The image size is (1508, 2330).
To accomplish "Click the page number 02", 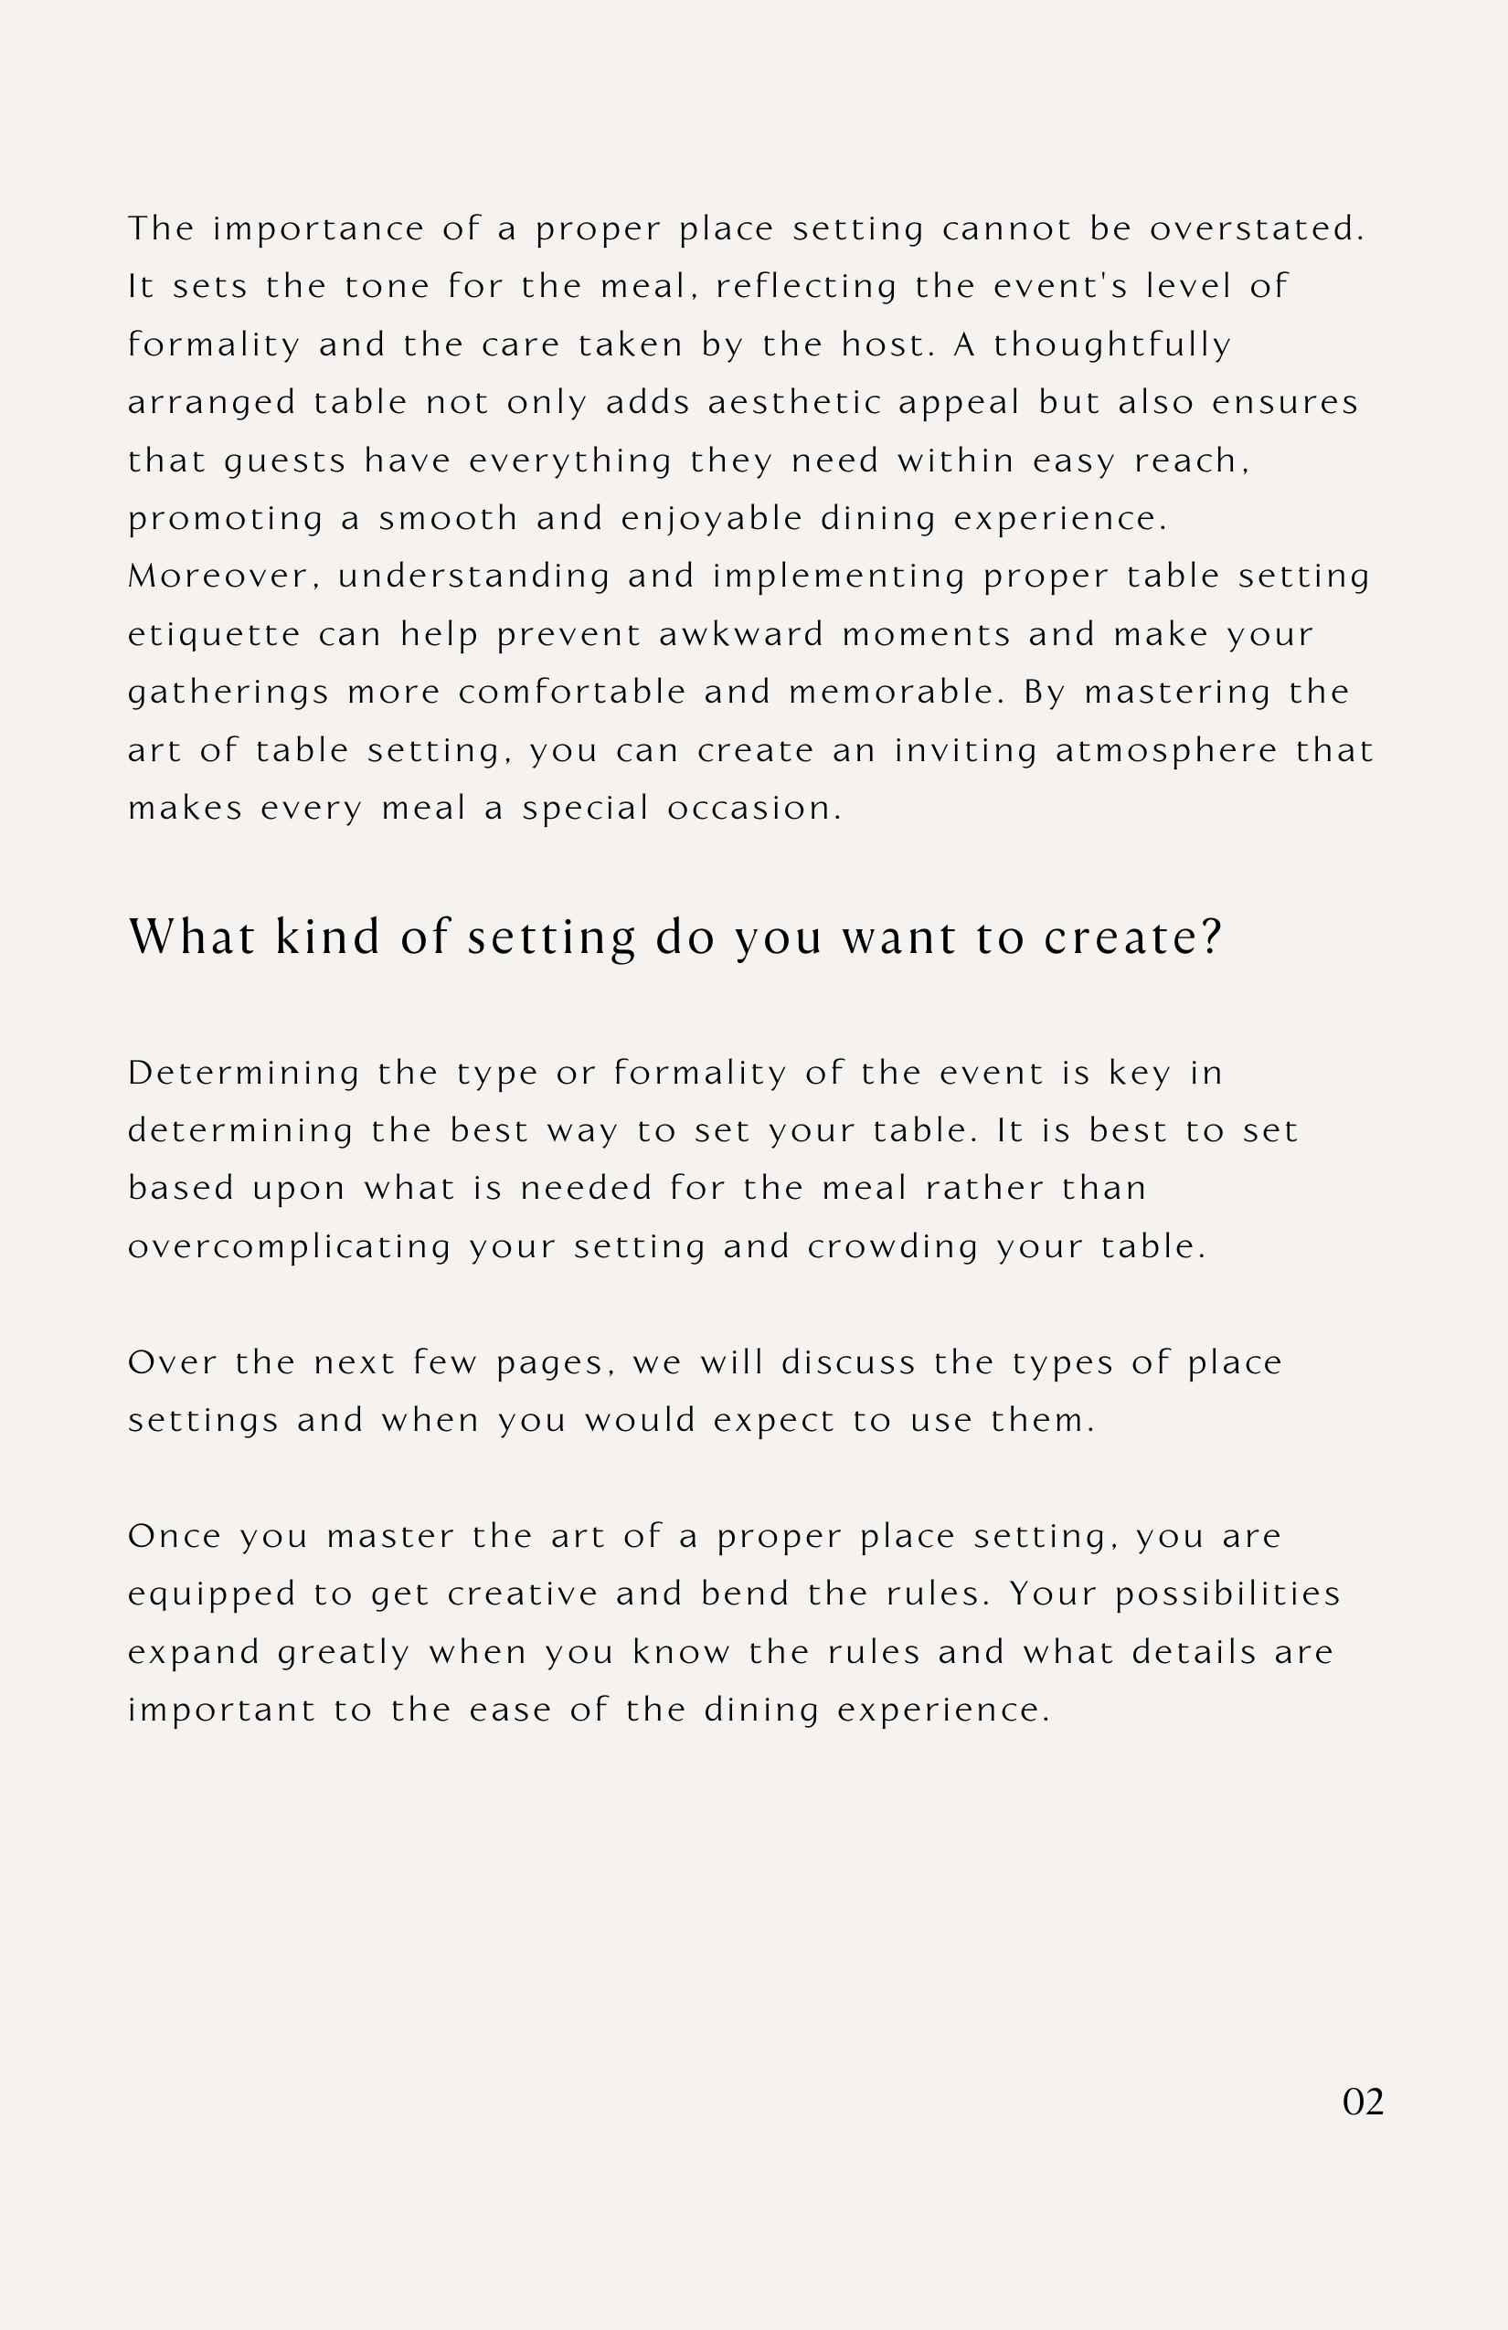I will click(x=1362, y=2102).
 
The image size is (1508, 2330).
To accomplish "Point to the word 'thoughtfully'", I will click(x=1112, y=344).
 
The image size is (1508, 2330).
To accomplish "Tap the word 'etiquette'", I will click(x=215, y=635).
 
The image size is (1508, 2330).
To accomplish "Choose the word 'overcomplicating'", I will click(x=290, y=1247).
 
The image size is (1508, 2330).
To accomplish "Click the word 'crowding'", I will click(x=892, y=1247).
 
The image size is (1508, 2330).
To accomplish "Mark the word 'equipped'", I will click(x=211, y=1594).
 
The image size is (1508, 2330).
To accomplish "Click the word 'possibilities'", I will click(x=1228, y=1594).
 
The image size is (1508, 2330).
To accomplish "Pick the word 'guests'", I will click(x=286, y=461).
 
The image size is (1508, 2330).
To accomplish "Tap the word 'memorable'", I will click(x=896, y=693).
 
